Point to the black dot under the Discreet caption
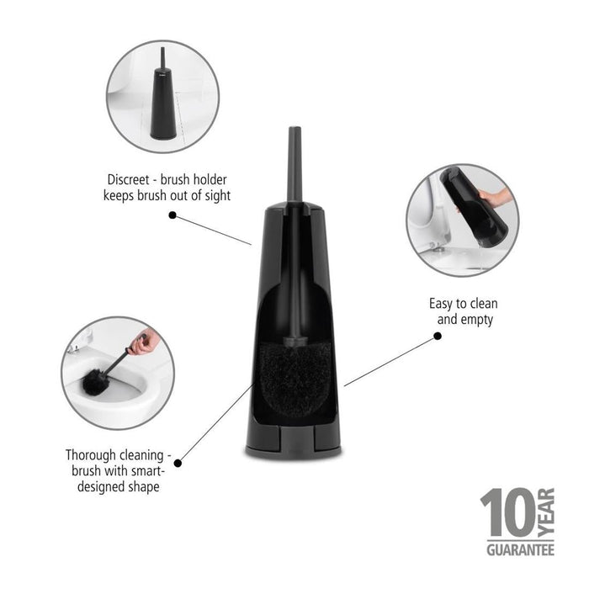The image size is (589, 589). (x=172, y=215)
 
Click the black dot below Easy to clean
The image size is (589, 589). (x=438, y=336)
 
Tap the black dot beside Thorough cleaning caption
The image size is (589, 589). (x=178, y=462)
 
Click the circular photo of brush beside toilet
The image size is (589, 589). (x=162, y=97)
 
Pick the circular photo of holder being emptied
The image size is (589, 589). (x=462, y=220)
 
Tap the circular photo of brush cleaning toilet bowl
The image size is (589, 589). (x=119, y=373)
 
